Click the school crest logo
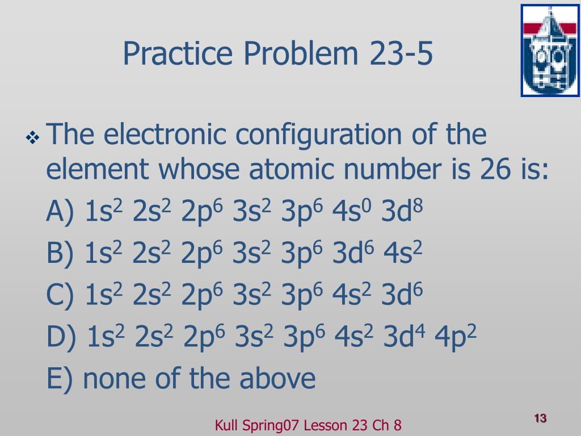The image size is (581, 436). [x=550, y=51]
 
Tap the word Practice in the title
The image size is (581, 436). [x=178, y=54]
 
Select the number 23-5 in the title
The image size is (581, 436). [x=401, y=53]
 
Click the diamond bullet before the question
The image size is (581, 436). [x=32, y=138]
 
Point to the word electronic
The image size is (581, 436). [x=165, y=134]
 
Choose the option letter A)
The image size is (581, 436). [x=60, y=211]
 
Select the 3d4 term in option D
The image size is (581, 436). [x=404, y=336]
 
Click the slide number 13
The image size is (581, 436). [x=540, y=418]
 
